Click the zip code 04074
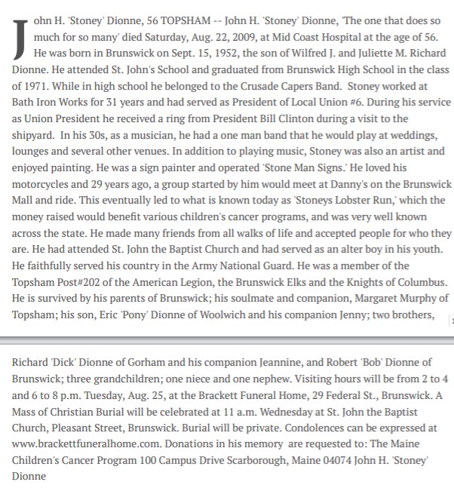pyautogui.click(x=321, y=461)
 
